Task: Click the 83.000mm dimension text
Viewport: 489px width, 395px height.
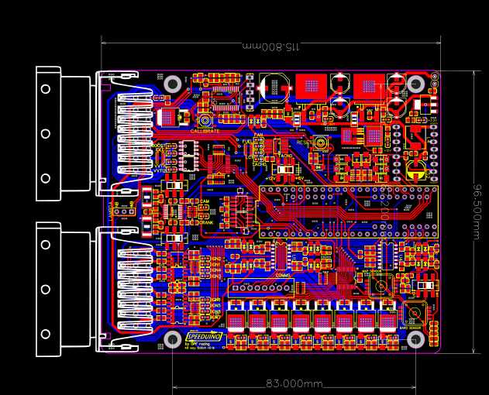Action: click(294, 383)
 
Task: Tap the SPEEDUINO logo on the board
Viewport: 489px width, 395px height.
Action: click(205, 337)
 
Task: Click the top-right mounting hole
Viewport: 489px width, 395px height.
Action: click(416, 84)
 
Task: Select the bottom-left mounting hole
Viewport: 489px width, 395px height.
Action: click(173, 338)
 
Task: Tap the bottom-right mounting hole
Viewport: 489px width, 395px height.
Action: click(416, 338)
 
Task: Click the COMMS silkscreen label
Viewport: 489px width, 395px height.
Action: click(282, 275)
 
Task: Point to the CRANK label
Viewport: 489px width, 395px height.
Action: click(205, 223)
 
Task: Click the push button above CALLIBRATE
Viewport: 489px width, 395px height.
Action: click(205, 120)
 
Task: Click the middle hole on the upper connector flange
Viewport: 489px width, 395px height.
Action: click(46, 132)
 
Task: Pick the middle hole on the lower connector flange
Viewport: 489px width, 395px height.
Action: click(46, 289)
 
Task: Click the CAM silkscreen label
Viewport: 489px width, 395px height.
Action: click(205, 201)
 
